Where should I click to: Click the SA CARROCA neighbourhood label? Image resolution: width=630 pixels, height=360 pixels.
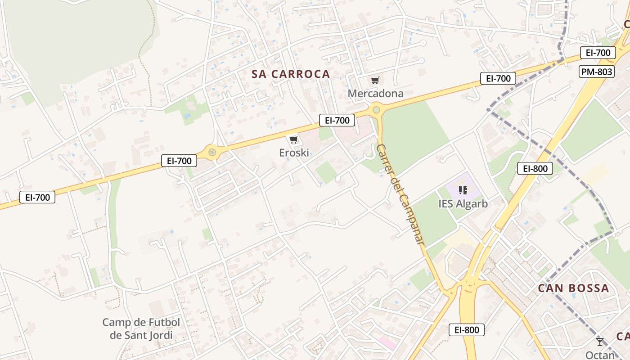click(291, 74)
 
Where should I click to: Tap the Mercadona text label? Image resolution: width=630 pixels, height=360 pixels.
click(375, 94)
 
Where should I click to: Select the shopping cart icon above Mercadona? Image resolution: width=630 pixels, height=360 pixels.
click(375, 81)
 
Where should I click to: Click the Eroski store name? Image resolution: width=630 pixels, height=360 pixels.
click(294, 153)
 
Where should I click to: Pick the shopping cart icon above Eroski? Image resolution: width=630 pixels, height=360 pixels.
click(294, 140)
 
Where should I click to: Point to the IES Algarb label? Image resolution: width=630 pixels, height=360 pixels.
click(463, 203)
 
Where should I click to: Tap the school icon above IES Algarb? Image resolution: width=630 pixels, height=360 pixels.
click(463, 190)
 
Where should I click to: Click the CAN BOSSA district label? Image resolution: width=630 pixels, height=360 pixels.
click(573, 288)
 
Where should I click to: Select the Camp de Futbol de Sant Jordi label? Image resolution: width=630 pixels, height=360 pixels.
click(141, 328)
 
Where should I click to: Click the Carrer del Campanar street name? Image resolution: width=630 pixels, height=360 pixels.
click(400, 194)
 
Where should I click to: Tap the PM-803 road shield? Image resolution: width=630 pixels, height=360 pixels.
click(597, 72)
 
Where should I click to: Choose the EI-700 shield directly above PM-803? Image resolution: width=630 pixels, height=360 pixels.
click(598, 53)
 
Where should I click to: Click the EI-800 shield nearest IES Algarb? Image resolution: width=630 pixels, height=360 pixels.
click(535, 169)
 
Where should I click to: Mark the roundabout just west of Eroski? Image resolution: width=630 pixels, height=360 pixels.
click(212, 152)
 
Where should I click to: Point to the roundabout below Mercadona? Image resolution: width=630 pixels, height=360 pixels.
click(376, 109)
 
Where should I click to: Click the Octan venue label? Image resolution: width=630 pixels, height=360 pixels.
click(600, 355)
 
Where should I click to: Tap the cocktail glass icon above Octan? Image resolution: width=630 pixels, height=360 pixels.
click(600, 342)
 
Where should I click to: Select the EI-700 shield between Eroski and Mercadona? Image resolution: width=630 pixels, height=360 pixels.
click(337, 120)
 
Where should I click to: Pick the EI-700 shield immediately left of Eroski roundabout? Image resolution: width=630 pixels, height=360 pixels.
click(179, 161)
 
